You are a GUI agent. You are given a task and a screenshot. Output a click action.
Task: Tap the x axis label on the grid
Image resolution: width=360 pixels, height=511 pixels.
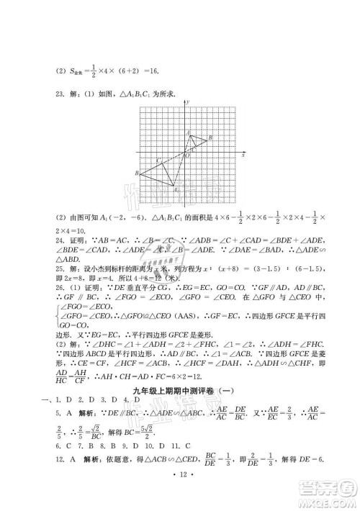(x=243, y=155)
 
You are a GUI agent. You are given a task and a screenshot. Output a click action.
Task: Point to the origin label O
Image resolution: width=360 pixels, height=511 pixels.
(x=186, y=155)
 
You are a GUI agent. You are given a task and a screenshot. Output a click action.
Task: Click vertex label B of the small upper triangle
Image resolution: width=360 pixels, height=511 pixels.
(x=210, y=137)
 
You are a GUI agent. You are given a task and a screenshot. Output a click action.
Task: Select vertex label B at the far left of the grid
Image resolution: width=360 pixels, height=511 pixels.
(x=136, y=173)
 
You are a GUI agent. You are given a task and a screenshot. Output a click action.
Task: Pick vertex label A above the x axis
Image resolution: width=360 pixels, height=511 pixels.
(x=188, y=132)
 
